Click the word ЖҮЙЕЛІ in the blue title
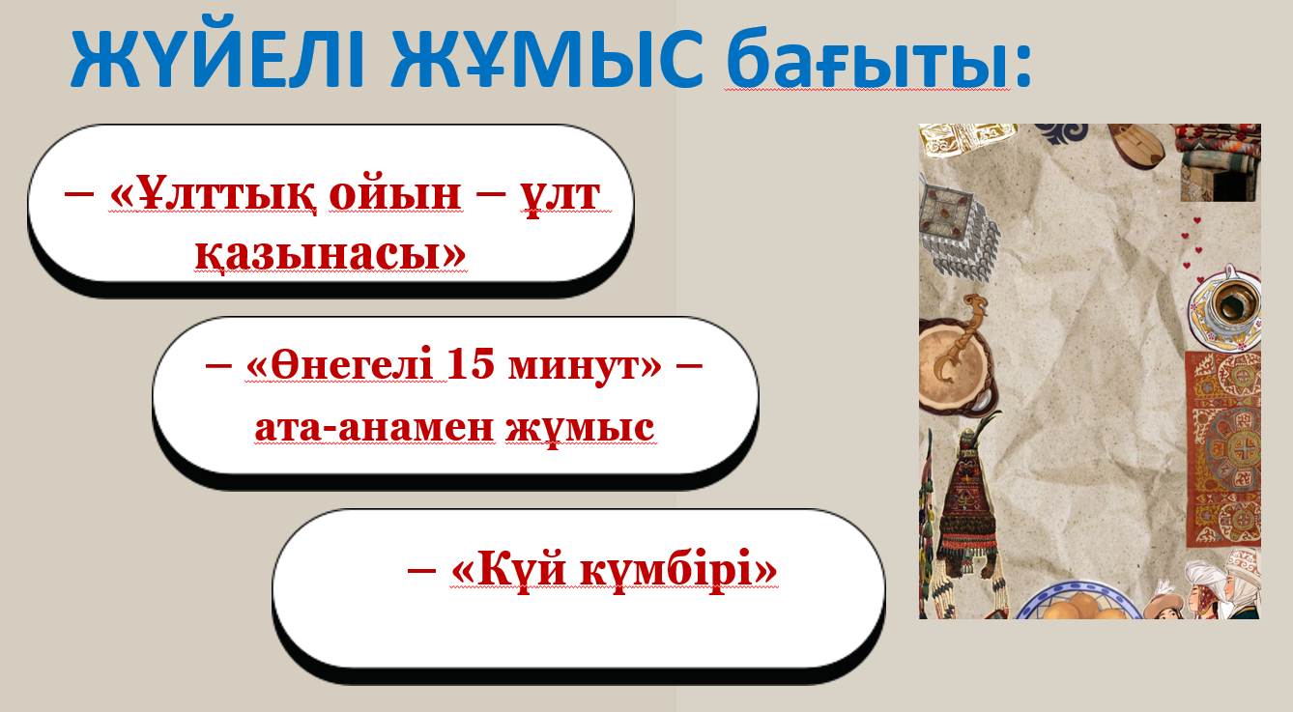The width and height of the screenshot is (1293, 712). (x=217, y=57)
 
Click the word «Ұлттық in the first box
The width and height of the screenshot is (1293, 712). (x=213, y=195)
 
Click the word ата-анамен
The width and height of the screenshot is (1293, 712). (x=375, y=428)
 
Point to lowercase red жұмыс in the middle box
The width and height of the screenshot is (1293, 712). (x=580, y=429)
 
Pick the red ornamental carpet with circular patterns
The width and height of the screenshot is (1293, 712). (x=1223, y=449)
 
